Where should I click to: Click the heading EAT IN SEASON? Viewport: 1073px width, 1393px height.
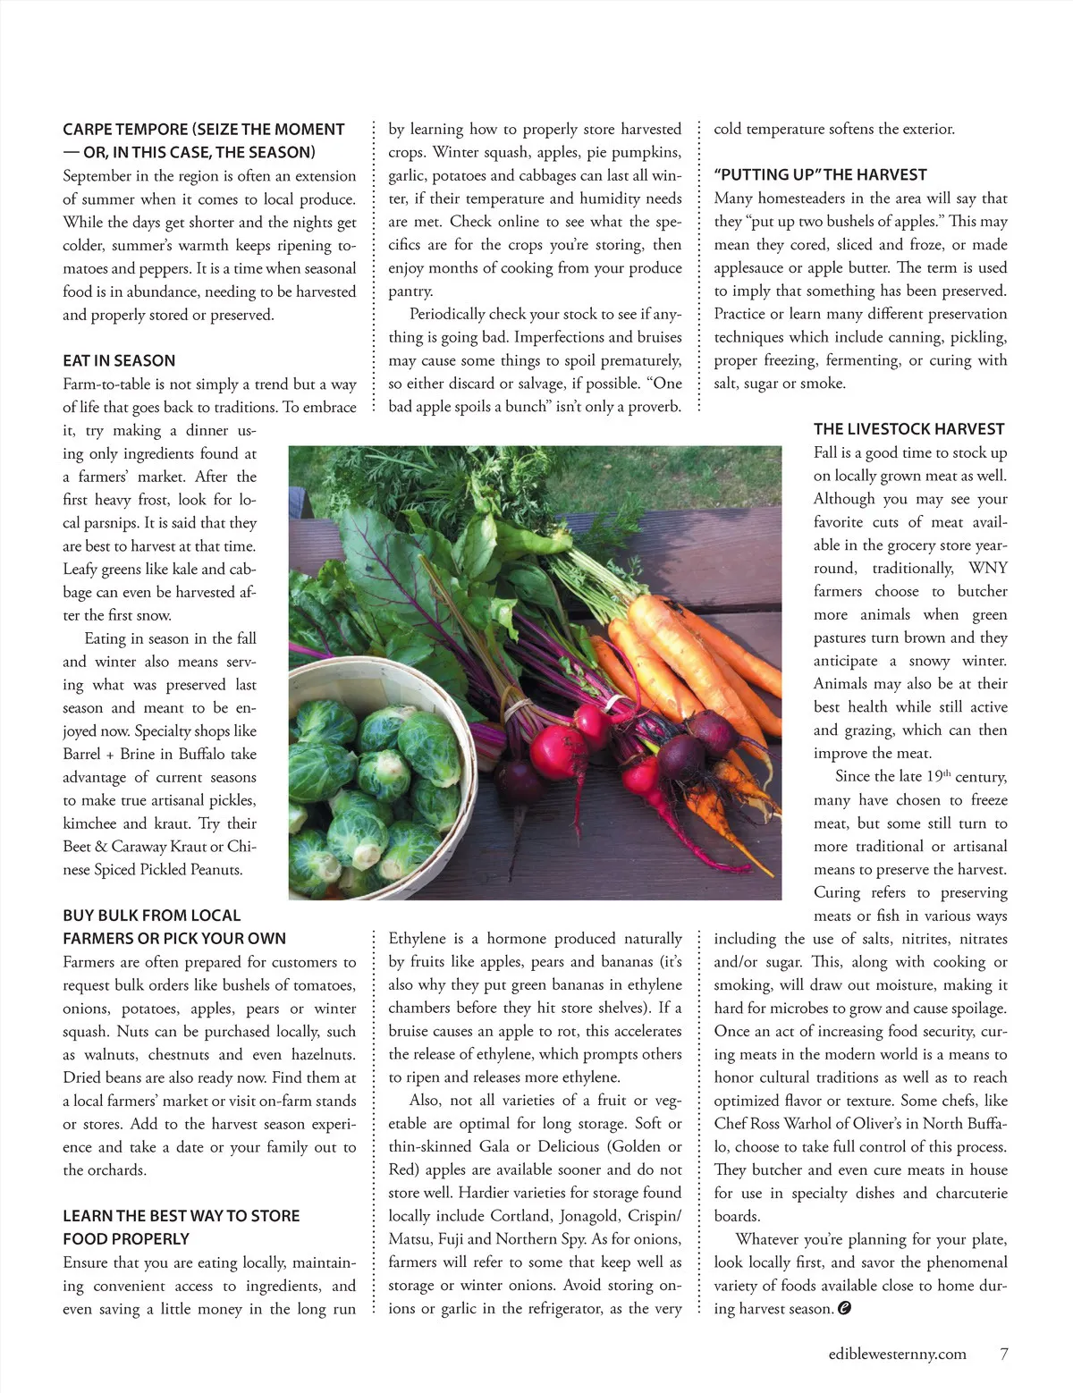(119, 361)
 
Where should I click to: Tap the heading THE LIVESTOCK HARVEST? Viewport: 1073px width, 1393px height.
(908, 429)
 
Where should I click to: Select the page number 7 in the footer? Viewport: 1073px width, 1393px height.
(1003, 1354)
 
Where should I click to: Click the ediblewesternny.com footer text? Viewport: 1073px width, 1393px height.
(897, 1354)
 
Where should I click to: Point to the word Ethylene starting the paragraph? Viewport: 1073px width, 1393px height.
(417, 939)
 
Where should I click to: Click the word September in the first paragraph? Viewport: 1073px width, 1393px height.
(97, 176)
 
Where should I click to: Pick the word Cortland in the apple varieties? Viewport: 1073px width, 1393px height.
(519, 1216)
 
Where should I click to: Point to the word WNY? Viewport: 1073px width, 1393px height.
(987, 569)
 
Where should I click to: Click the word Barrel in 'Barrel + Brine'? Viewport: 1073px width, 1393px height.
(82, 754)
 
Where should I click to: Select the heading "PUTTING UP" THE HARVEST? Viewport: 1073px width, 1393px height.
(820, 175)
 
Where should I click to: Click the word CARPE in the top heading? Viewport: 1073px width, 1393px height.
(88, 130)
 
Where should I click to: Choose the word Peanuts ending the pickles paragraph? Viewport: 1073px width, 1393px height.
(215, 870)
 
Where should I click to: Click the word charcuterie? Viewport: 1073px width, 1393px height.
(971, 1194)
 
